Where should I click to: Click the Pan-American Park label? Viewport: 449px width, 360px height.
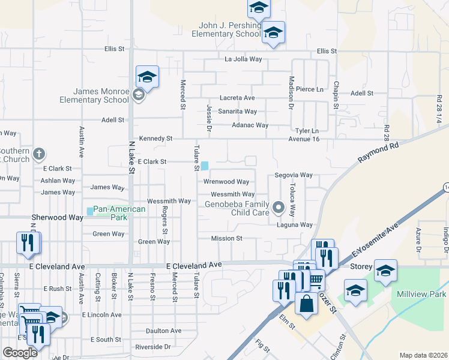[x=119, y=213]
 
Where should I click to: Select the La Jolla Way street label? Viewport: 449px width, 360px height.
[x=244, y=59]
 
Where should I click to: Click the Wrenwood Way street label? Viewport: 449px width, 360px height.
[x=226, y=181]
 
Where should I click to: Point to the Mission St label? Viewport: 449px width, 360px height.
[x=226, y=238]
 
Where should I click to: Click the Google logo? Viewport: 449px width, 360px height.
[x=20, y=353]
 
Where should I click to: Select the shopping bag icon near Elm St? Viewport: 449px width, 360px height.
[x=306, y=303]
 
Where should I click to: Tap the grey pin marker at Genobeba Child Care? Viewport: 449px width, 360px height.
[x=278, y=208]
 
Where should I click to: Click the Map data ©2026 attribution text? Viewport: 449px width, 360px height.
[x=423, y=355]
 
